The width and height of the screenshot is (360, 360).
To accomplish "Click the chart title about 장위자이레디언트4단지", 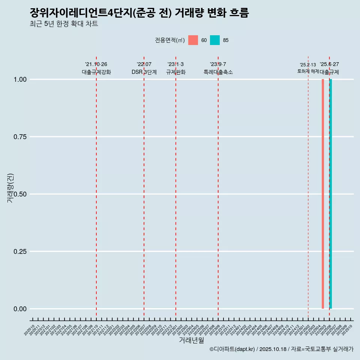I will click(x=139, y=13).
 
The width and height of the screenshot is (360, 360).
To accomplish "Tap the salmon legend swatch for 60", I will click(x=193, y=40).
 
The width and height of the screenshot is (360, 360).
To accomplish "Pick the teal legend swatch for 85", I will click(x=215, y=40).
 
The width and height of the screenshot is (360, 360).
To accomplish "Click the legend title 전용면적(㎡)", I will click(x=169, y=40).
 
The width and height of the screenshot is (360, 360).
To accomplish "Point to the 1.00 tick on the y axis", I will click(x=21, y=79).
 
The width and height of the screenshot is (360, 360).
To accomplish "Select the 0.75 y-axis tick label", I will click(x=21, y=137).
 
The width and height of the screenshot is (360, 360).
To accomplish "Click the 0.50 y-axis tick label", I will click(x=21, y=194).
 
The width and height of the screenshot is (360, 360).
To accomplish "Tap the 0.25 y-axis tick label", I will click(x=21, y=252).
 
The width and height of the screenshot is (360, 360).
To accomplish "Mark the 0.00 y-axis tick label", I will click(x=21, y=309).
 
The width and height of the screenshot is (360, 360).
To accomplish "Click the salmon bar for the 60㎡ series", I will click(x=323, y=194).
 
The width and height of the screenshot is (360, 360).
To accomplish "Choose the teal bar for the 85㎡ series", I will click(x=331, y=194).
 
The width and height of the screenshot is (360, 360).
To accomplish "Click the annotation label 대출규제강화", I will click(x=96, y=72).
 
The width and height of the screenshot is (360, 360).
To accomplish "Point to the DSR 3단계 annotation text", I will click(x=144, y=72).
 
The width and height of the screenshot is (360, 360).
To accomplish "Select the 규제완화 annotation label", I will click(x=176, y=72).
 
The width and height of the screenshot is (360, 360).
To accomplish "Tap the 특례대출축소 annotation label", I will click(x=218, y=72).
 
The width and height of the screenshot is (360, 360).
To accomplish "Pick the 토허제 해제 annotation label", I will click(x=308, y=71).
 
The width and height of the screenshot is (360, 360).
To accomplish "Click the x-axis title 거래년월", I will click(x=192, y=340).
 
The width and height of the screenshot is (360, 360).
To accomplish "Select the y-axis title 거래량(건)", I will click(x=10, y=188).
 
